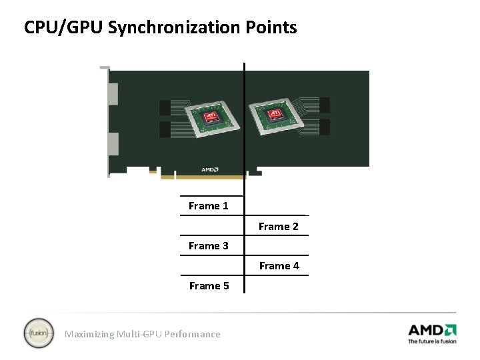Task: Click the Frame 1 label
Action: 208,206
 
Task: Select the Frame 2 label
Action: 279,227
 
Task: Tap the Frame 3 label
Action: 208,246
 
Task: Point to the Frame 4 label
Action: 279,266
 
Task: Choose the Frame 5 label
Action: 209,286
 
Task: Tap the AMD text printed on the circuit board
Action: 209,169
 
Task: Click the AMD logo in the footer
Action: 432,329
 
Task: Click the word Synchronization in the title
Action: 177,28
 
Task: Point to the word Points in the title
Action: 273,28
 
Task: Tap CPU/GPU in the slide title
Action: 63,28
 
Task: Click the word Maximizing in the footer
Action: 89,334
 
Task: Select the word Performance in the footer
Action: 194,334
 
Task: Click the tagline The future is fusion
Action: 432,341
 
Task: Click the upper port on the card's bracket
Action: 113,93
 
